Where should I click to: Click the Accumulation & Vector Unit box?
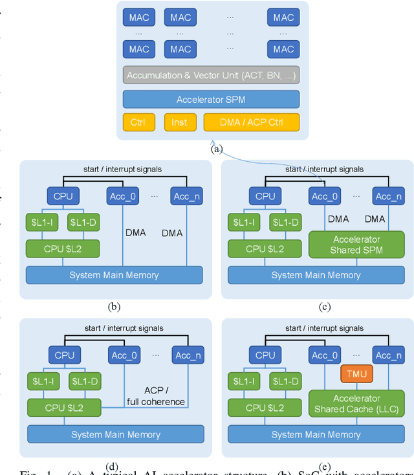point(211,76)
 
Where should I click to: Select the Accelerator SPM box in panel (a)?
point(211,99)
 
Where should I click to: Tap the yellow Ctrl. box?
point(139,122)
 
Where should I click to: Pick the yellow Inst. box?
point(180,122)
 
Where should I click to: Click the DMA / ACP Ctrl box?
point(252,122)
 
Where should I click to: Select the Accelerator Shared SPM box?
point(356,245)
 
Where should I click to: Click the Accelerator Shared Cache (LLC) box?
point(356,404)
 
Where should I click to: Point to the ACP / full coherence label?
point(156,397)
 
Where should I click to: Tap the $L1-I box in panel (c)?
point(243,222)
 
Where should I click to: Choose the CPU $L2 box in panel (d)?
point(63,407)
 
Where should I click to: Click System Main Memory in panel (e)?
point(316,434)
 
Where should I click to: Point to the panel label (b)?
point(114,307)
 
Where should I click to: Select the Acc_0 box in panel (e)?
point(324,355)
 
